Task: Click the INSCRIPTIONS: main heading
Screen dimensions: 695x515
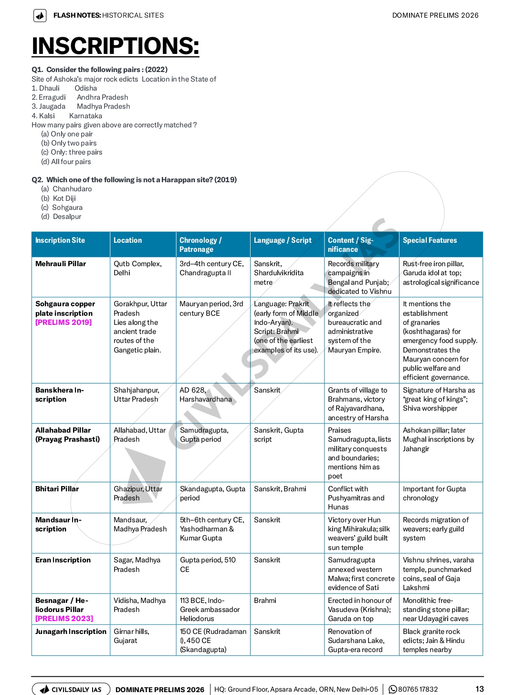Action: (x=115, y=46)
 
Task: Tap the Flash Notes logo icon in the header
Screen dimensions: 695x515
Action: (x=40, y=16)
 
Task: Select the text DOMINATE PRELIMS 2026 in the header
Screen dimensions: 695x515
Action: (x=435, y=15)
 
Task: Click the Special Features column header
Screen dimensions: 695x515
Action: (x=430, y=240)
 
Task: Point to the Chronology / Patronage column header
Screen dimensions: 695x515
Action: (x=200, y=245)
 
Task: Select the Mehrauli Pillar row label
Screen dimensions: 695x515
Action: (x=61, y=264)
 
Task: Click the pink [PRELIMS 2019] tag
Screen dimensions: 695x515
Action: (x=63, y=322)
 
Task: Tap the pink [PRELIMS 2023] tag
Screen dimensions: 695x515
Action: (x=64, y=619)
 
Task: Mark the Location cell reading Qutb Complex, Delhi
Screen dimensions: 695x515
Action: (x=137, y=268)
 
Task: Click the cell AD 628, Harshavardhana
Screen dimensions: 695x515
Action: (x=206, y=394)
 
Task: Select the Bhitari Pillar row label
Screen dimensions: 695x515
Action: (x=57, y=489)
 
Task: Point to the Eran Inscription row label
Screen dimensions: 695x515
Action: (x=63, y=560)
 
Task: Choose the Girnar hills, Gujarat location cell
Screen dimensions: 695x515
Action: (x=131, y=636)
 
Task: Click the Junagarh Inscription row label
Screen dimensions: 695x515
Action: (x=71, y=632)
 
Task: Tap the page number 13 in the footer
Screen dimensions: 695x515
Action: (x=479, y=689)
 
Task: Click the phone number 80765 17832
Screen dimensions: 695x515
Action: (x=417, y=689)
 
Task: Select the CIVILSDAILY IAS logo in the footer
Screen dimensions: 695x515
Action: (x=71, y=689)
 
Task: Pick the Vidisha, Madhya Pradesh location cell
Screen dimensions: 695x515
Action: (x=139, y=605)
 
